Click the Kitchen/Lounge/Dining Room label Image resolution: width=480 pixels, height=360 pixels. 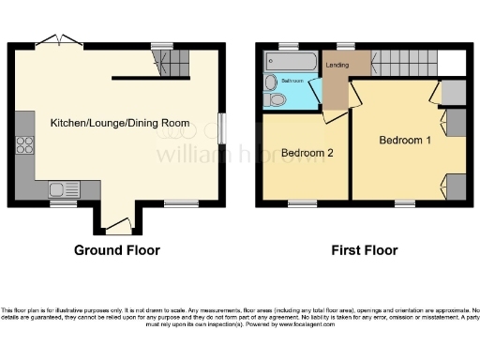tap(119, 123)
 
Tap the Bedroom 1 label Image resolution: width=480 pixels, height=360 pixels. tap(406, 140)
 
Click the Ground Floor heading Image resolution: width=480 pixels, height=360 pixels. tap(117, 250)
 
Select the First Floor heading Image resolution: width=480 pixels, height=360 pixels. tap(365, 250)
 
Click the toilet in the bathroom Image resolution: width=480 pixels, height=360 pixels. tap(274, 101)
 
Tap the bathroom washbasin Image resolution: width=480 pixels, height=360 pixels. tap(271, 82)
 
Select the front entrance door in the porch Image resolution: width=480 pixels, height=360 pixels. tap(117, 225)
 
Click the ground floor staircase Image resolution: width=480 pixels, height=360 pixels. tap(172, 64)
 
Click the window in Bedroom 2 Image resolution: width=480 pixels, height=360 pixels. tap(302, 202)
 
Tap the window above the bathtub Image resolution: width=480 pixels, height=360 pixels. tap(285, 45)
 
